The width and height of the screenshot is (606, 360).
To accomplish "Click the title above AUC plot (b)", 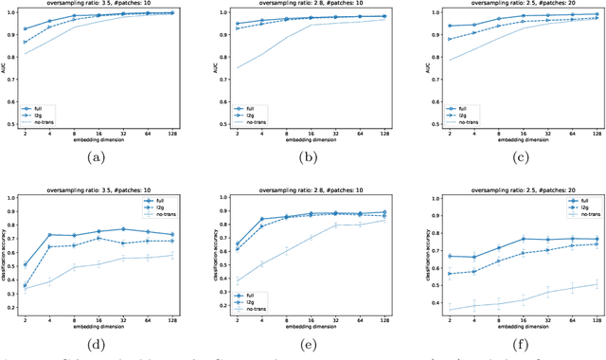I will tap(308, 5).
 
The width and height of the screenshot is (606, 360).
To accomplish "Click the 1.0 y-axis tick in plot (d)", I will tap(16, 197).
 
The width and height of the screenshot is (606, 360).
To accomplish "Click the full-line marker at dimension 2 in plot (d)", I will tap(25, 264).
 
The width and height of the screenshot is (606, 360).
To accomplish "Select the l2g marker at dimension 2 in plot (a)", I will tap(25, 43).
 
